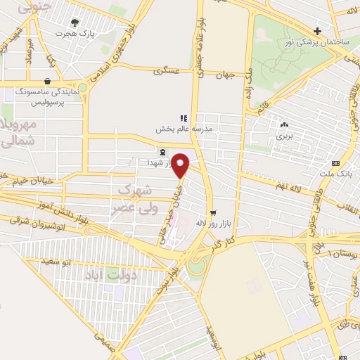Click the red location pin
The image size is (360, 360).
181,166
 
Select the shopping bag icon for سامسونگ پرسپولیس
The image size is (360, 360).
48,80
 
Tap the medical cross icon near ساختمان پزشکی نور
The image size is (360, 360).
318,31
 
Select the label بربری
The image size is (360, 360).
283,136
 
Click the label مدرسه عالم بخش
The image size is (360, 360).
184,130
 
